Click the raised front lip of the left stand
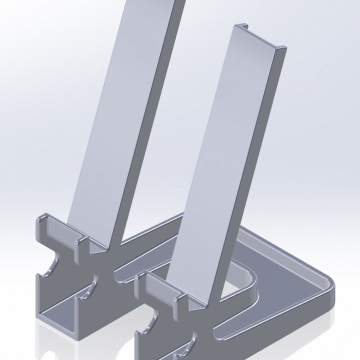click(x=55, y=225)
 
